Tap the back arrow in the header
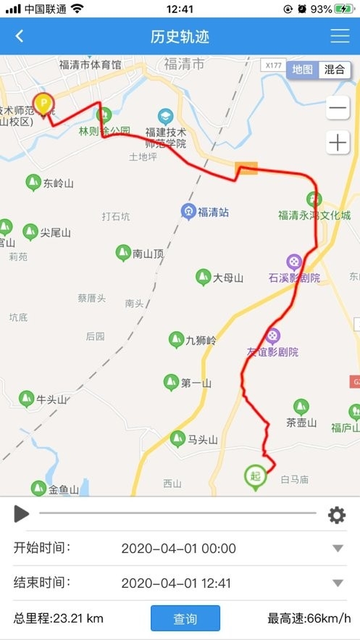(x=20, y=36)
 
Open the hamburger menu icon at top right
(x=339, y=36)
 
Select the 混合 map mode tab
(x=335, y=70)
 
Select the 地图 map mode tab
(x=303, y=70)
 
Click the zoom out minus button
(x=338, y=109)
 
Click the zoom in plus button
(x=338, y=143)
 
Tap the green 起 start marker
(x=255, y=477)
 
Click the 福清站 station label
(x=213, y=212)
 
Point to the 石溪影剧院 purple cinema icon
(x=294, y=261)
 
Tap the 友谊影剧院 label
(x=272, y=352)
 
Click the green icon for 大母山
(x=204, y=277)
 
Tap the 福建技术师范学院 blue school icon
(x=166, y=116)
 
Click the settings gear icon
(x=337, y=515)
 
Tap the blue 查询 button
(x=185, y=619)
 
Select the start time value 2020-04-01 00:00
(x=178, y=549)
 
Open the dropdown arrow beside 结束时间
(x=338, y=583)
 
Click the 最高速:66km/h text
(x=309, y=619)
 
